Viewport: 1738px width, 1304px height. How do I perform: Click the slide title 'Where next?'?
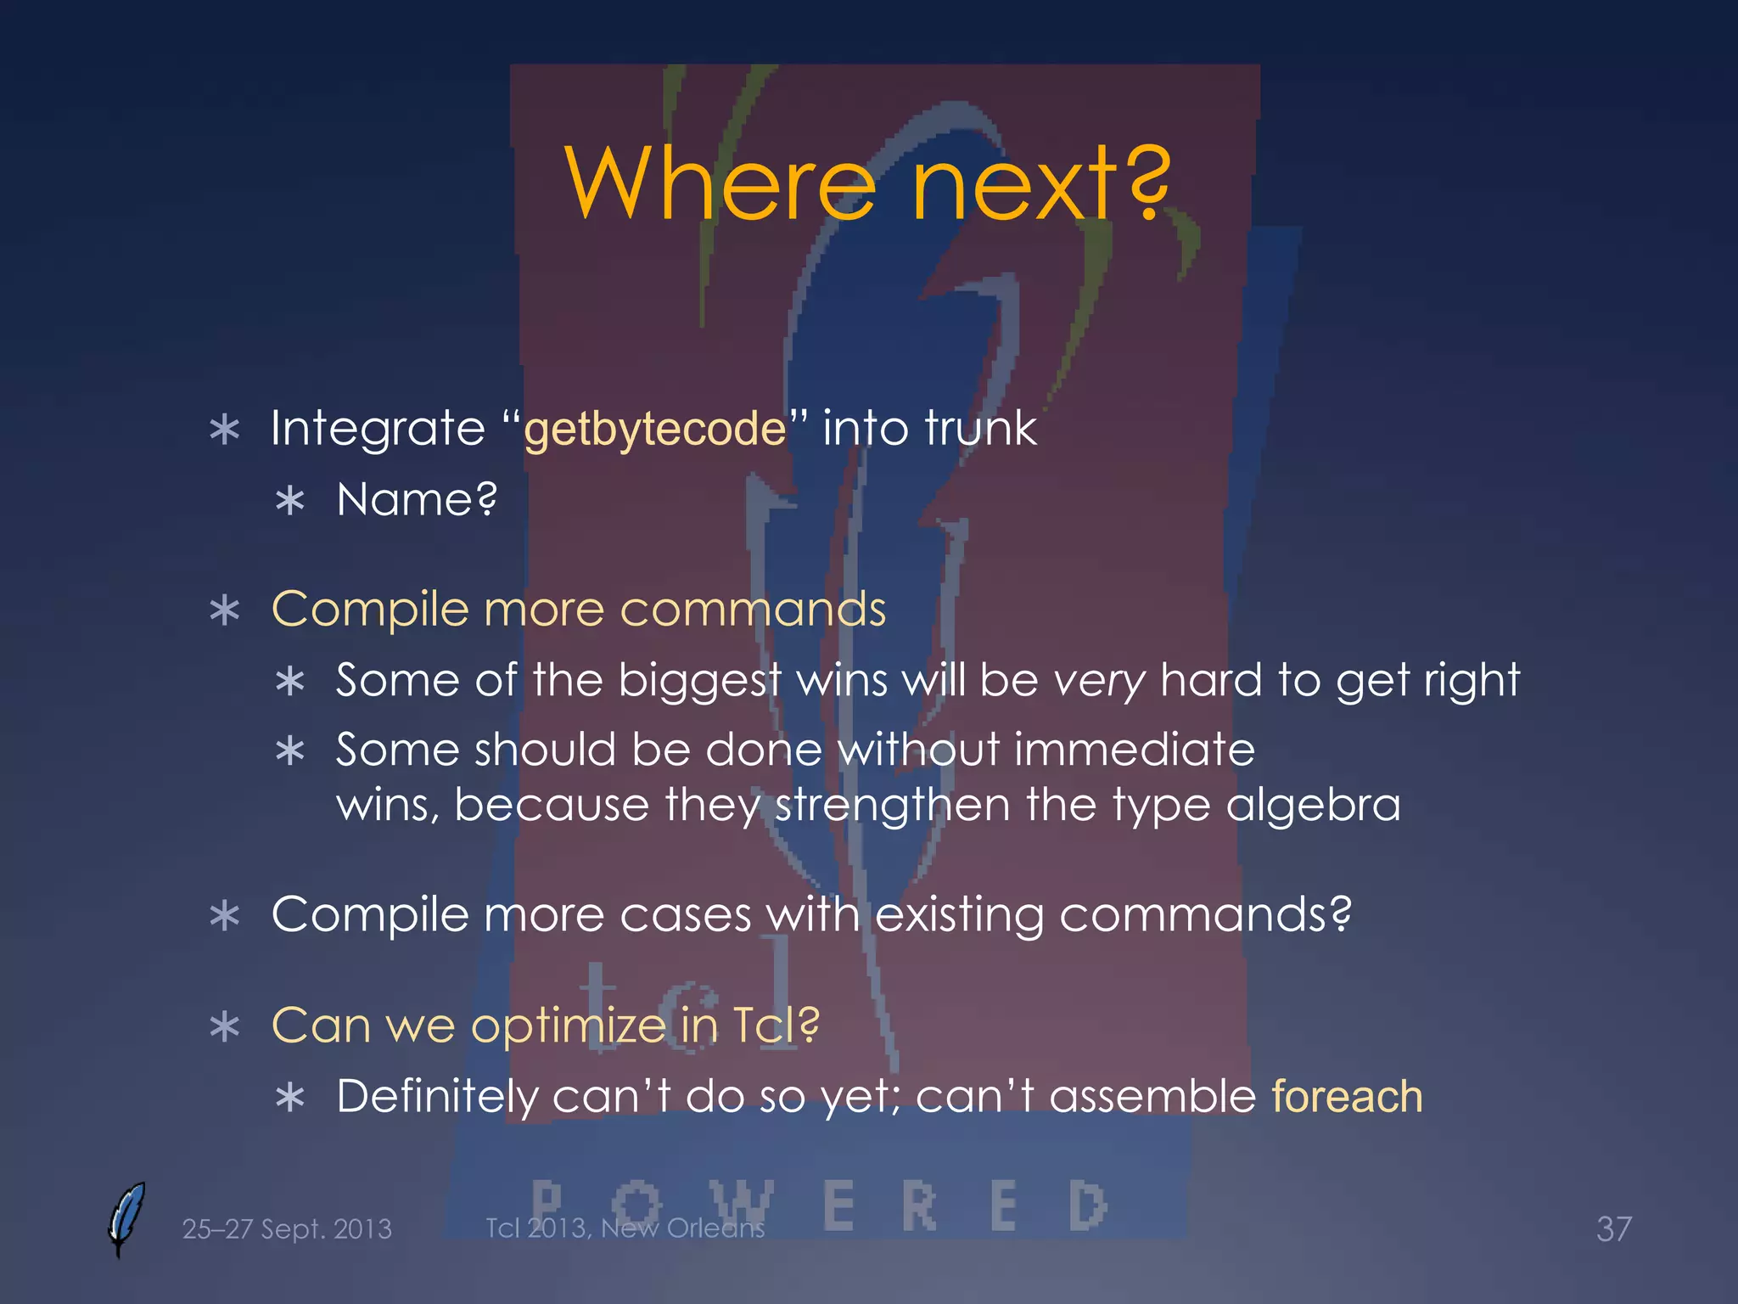point(867,183)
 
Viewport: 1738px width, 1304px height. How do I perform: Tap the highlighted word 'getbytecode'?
point(655,429)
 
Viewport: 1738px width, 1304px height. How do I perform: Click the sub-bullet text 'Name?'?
point(417,499)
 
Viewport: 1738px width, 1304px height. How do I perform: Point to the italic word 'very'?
point(1099,681)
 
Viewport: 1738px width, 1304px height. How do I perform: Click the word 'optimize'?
point(568,1026)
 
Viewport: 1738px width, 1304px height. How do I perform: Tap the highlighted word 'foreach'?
point(1347,1096)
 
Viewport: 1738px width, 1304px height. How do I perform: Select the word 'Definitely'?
point(437,1096)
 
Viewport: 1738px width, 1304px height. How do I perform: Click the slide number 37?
point(1613,1228)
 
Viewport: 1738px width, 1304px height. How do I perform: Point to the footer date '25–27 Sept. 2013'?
point(287,1228)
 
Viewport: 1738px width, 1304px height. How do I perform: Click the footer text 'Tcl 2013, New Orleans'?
point(625,1228)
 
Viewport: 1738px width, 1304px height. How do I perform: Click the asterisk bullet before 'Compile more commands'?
point(225,610)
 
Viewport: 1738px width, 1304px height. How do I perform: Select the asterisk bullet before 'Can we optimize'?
point(225,1027)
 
